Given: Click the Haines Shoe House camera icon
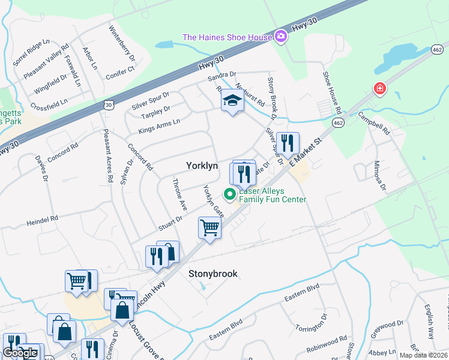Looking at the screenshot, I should pos(280,37).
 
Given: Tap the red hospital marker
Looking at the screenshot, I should pos(379,89).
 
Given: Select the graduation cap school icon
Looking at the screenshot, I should pos(232,101).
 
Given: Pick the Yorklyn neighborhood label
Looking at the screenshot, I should pos(202,165).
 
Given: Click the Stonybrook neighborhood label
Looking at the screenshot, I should pos(213,274).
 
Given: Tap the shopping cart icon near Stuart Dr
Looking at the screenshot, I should pos(209,227).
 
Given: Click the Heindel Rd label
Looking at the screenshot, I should pos(42,221).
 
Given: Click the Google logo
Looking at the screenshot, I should pos(20,353).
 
